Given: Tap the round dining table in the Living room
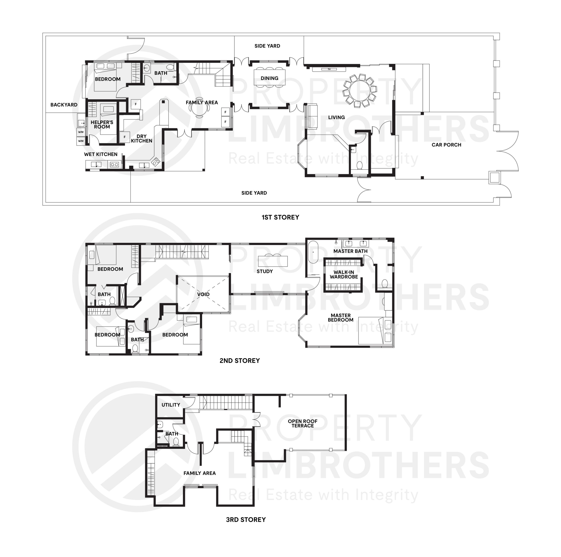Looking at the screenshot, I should (x=359, y=90).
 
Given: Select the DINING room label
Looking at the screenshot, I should (x=269, y=78).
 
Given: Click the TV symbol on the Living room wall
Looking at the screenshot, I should (x=329, y=69).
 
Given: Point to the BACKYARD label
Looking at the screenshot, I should (x=64, y=105).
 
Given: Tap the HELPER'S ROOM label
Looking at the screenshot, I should (x=102, y=124).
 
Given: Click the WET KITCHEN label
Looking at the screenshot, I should (x=101, y=154).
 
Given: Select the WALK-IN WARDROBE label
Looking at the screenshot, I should (x=344, y=274).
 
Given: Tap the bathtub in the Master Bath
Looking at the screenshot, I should (x=313, y=252).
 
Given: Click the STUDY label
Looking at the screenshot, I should (x=265, y=271).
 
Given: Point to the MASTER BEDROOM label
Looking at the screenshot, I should (x=340, y=317).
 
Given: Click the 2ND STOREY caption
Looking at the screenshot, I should (x=239, y=360).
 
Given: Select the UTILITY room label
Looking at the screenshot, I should (x=171, y=405).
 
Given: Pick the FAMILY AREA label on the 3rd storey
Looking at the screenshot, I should (x=199, y=473).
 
